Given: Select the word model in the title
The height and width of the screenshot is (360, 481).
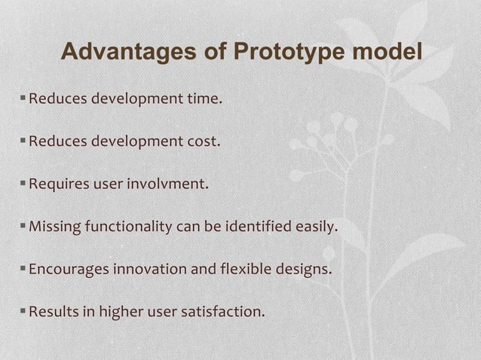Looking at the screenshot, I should click(386, 53).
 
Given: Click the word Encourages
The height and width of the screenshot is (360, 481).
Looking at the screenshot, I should click(69, 268).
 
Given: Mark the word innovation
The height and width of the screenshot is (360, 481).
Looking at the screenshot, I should click(147, 268).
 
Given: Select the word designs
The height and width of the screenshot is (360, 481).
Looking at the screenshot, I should click(305, 268).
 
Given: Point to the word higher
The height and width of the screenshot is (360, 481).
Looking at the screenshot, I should click(121, 311).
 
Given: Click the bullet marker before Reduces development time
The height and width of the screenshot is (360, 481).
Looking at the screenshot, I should click(23, 97).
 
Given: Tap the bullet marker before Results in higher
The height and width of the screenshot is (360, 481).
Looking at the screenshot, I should click(23, 310).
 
